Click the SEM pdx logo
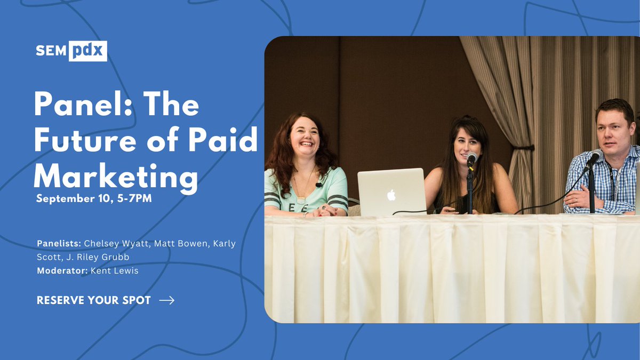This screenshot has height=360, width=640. [71, 51]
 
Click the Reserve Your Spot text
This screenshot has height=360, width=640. [94, 300]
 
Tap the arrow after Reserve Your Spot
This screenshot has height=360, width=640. [167, 300]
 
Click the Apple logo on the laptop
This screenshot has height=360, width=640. [391, 195]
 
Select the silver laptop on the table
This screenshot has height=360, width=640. [391, 192]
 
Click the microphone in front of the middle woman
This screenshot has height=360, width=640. [471, 159]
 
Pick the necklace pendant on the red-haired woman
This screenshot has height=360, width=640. [301, 199]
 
